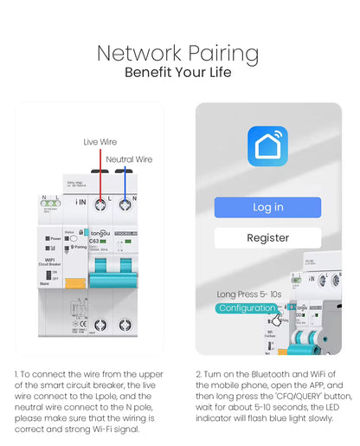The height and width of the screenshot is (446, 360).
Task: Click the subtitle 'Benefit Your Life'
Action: pyautogui.click(x=177, y=72)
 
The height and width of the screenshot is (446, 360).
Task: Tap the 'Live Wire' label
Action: pyautogui.click(x=100, y=141)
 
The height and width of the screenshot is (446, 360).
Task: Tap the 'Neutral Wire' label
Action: pyautogui.click(x=128, y=159)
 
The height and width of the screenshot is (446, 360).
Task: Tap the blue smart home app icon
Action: pyautogui.click(x=267, y=146)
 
